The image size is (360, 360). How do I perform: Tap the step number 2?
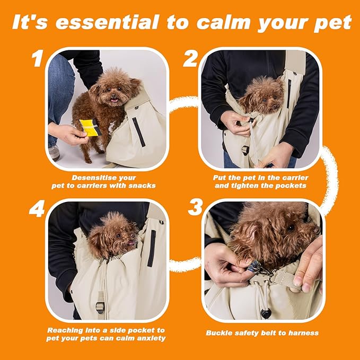[x=190, y=59]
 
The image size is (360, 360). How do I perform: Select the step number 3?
[x=195, y=207]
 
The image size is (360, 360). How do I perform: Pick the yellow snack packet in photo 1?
[x=89, y=127]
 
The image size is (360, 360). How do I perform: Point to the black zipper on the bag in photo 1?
[x=138, y=131]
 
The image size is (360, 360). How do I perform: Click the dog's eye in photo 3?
[x=291, y=227]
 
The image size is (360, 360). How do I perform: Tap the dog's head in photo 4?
[x=114, y=235]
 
